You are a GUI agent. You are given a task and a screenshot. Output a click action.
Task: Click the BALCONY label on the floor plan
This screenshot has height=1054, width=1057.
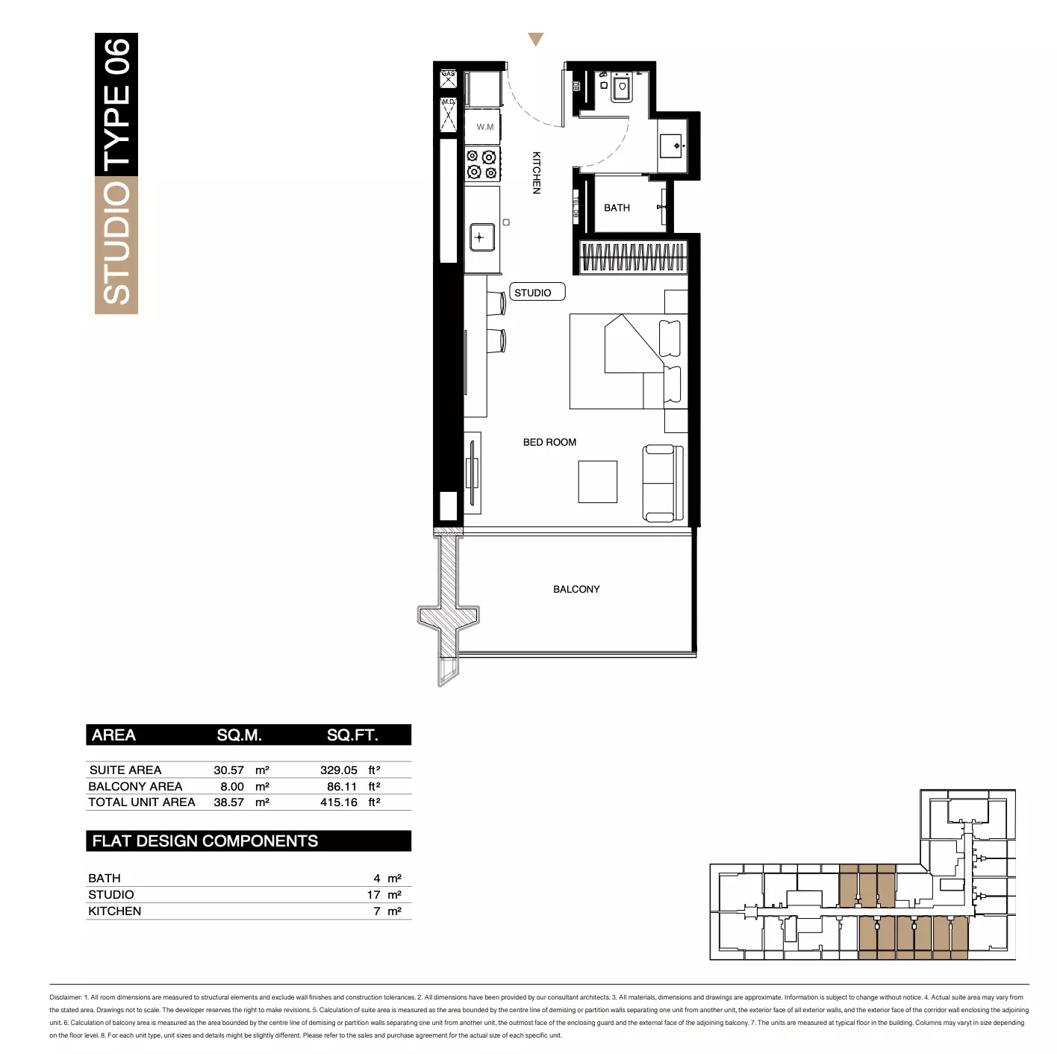(576, 589)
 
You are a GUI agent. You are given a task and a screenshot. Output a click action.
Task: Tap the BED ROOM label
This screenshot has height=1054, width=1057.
(549, 442)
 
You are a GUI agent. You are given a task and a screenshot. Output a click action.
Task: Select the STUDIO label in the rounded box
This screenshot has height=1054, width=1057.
(533, 293)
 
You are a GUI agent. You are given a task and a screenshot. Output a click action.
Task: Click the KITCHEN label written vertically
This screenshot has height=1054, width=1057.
(536, 172)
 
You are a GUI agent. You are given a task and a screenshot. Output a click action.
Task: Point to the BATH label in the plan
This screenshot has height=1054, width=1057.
(617, 208)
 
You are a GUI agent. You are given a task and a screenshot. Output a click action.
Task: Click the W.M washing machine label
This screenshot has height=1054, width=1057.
(485, 127)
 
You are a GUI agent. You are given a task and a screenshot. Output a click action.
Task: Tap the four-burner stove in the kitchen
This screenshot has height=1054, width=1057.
(481, 164)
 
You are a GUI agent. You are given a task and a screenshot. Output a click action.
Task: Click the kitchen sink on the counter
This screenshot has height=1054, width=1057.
(480, 237)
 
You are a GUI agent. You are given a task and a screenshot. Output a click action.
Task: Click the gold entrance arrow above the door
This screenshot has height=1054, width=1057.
(535, 39)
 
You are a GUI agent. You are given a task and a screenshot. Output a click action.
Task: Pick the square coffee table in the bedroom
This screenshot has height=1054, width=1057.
(597, 481)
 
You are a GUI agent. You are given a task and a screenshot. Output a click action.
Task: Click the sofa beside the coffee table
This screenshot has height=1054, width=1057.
(662, 483)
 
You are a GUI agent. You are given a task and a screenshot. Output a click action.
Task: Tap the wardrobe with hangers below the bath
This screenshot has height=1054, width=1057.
(633, 257)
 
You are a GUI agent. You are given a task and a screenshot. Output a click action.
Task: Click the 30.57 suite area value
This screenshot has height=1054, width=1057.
(228, 770)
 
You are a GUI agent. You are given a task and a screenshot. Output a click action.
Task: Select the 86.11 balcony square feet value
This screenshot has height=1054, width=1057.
(341, 786)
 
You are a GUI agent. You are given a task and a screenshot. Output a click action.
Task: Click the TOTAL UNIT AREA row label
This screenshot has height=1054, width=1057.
(142, 802)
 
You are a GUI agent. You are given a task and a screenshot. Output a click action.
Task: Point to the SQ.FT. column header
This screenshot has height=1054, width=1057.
(352, 735)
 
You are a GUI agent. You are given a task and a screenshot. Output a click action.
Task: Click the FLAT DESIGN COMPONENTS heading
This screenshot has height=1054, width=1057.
(205, 841)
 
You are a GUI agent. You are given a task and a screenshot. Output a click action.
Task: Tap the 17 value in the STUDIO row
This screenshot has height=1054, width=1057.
(373, 894)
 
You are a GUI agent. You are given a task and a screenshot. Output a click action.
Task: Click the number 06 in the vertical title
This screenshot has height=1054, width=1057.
(116, 56)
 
